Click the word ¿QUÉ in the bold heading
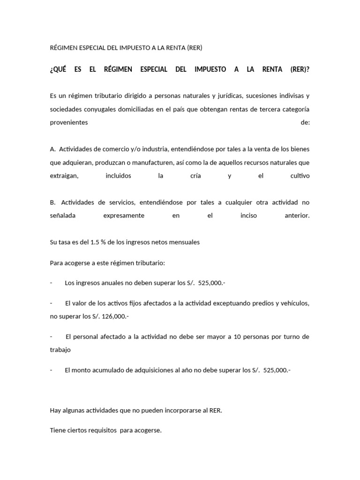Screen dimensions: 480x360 (x=58, y=69)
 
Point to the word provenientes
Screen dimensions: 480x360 (x=68, y=122)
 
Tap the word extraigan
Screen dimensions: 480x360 (x=64, y=176)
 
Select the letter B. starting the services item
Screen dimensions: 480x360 (x=53, y=202)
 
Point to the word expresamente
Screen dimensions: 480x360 (x=124, y=216)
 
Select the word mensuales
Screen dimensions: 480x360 (x=182, y=242)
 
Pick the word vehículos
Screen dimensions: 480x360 (x=292, y=303)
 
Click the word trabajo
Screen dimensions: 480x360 (x=60, y=350)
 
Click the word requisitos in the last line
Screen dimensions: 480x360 (x=100, y=430)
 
